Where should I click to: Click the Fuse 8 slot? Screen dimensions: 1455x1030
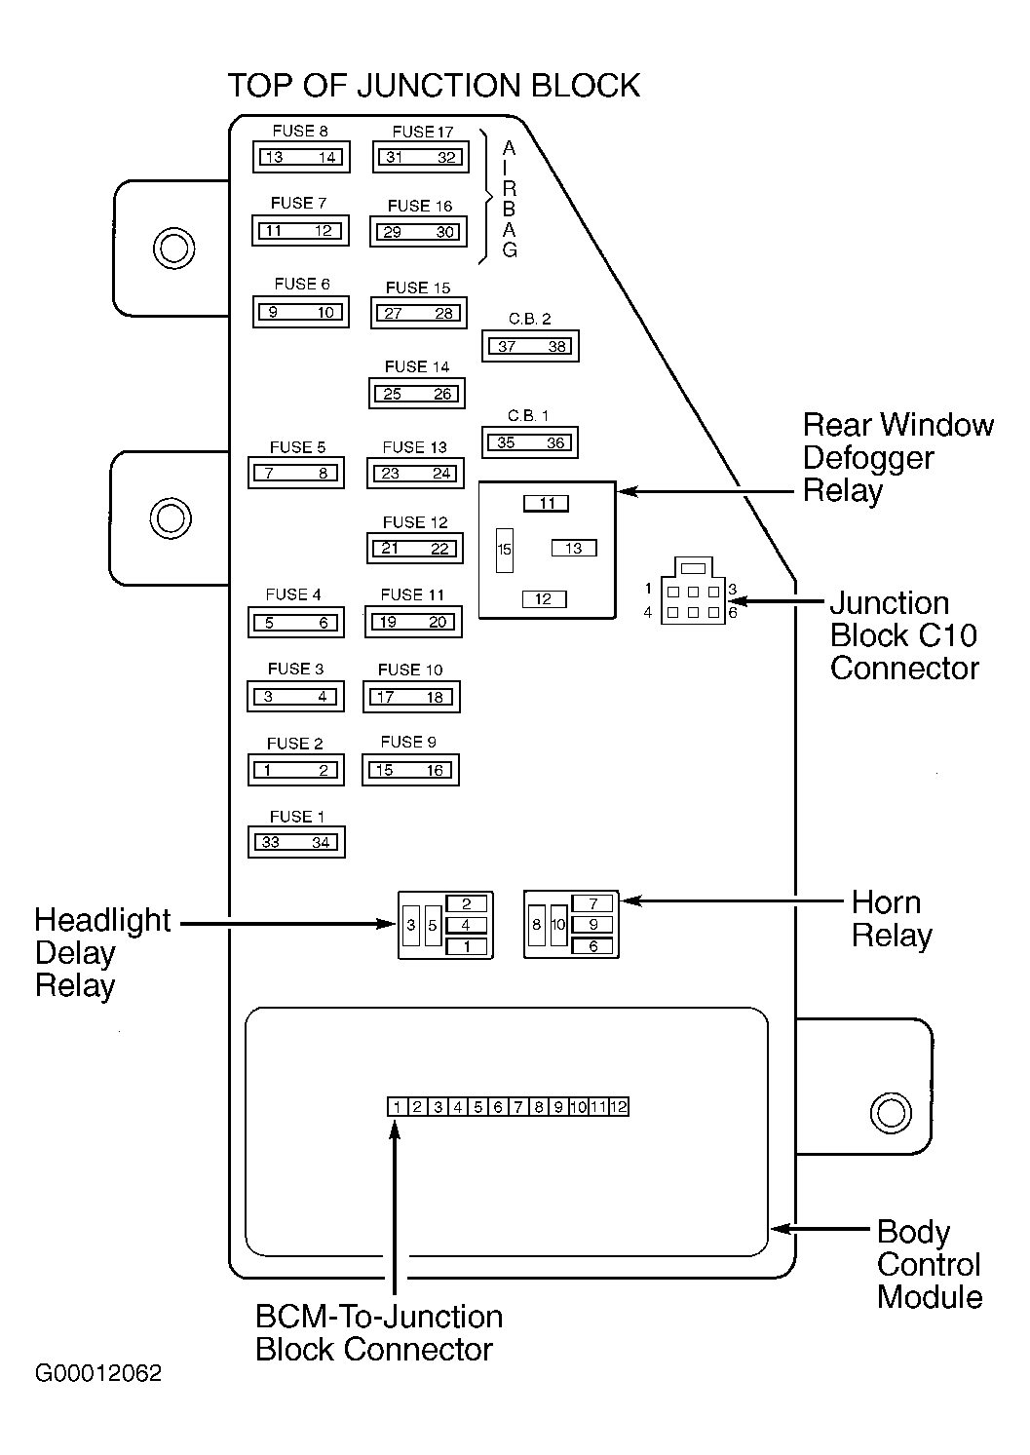(300, 157)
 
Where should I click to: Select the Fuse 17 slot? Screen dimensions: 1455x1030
(421, 157)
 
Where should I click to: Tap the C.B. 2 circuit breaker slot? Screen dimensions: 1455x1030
(530, 346)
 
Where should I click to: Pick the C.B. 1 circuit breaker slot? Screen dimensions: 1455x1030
(530, 442)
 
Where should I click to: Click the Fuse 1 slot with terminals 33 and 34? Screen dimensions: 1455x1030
(296, 842)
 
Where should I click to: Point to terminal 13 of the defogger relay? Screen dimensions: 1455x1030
(574, 549)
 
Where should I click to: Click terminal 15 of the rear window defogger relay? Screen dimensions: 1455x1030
(505, 550)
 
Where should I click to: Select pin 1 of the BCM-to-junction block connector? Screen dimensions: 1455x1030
(397, 1107)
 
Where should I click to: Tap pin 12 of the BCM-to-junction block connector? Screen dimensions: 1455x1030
(619, 1107)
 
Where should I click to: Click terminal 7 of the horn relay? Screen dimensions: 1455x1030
(592, 903)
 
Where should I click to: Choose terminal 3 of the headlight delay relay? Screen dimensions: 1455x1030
(411, 925)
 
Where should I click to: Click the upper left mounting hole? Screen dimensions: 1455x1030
(172, 248)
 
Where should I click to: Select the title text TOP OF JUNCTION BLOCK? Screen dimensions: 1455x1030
(434, 86)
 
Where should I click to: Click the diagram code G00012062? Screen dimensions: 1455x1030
(98, 1373)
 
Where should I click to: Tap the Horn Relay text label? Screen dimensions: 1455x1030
(892, 919)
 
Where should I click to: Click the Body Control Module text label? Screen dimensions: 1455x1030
(929, 1264)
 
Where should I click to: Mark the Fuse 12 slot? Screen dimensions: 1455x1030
(415, 549)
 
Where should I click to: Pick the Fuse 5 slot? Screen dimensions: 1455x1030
(296, 474)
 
